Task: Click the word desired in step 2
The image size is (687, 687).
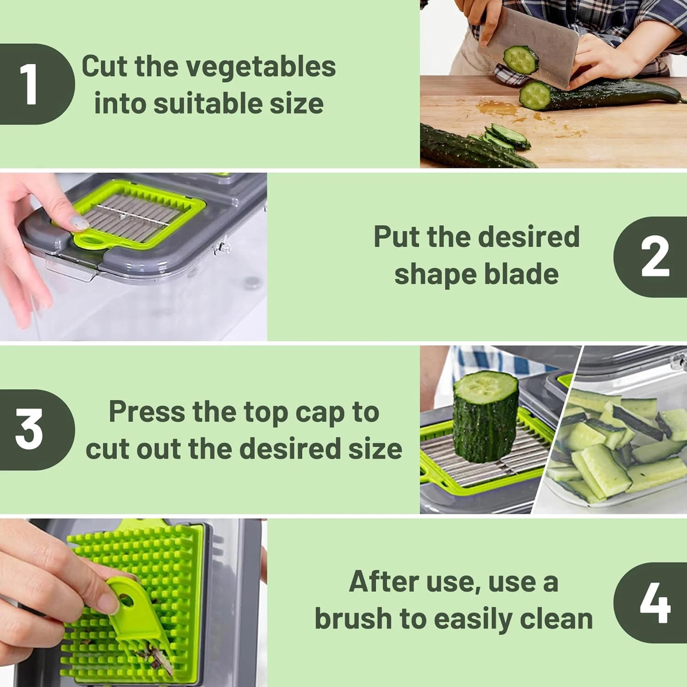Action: click(x=529, y=237)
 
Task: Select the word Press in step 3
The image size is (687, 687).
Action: click(x=147, y=412)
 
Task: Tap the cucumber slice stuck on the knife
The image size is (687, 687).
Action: click(x=521, y=60)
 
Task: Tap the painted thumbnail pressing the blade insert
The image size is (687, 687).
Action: click(x=78, y=223)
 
